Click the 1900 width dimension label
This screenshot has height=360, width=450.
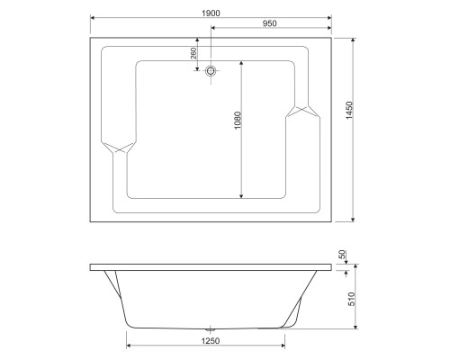[211, 13]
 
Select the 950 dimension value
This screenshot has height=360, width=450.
[269, 23]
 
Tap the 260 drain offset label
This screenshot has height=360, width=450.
[193, 53]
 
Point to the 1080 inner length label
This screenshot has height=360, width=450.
[238, 121]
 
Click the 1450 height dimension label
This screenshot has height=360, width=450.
[349, 111]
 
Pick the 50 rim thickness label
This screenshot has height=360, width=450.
[342, 255]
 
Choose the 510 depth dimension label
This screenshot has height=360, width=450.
[351, 299]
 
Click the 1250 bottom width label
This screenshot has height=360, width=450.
[211, 341]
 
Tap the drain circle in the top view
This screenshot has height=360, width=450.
[211, 71]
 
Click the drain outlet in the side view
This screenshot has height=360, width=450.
[211, 329]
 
